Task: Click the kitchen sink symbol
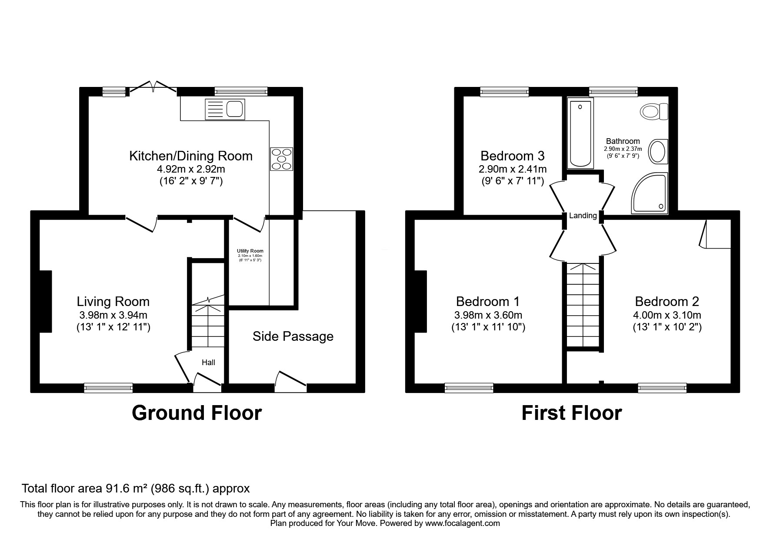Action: (x=225, y=109)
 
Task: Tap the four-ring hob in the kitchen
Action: (x=281, y=159)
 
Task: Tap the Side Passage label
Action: (x=293, y=336)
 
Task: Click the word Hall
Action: (x=208, y=363)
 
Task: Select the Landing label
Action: (x=583, y=216)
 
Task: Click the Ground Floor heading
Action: (x=197, y=413)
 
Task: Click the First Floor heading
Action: (x=571, y=413)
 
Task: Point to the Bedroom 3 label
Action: (x=512, y=156)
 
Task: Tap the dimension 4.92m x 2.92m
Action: (x=191, y=169)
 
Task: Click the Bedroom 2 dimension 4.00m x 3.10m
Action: (x=667, y=315)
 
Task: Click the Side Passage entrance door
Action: (x=290, y=379)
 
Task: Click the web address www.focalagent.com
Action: (x=462, y=523)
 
